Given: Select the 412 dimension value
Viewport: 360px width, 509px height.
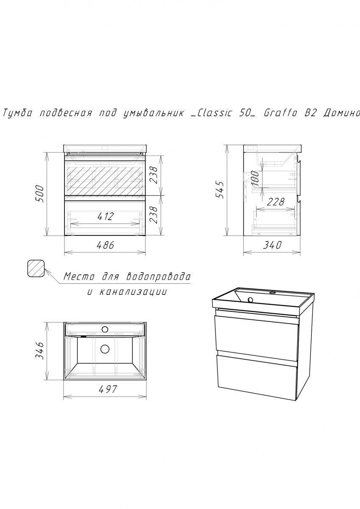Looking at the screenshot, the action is (105, 217).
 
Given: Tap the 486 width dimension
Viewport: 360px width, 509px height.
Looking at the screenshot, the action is (105, 245).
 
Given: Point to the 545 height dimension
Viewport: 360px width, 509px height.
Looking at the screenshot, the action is (220, 190).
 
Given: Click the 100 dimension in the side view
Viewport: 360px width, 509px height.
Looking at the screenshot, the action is (256, 178).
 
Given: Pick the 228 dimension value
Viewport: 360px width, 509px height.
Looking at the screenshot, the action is (276, 202).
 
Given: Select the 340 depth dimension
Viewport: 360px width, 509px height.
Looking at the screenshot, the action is (273, 245).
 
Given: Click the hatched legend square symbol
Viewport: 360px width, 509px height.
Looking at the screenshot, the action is (36, 268).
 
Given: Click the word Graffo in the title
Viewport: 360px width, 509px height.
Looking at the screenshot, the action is (280, 113).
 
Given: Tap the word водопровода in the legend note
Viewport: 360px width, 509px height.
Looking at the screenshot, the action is (158, 277).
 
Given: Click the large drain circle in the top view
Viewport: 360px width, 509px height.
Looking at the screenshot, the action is (105, 349).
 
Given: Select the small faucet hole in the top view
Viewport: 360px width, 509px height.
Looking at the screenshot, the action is (105, 329).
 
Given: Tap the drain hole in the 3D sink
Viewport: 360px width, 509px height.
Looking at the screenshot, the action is (251, 300).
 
